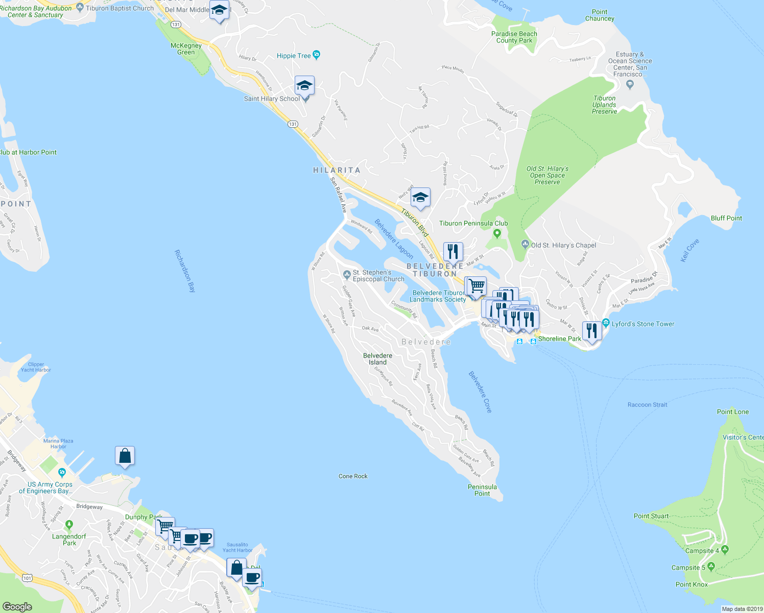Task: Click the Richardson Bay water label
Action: pyautogui.click(x=185, y=271)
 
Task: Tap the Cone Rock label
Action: pyautogui.click(x=353, y=476)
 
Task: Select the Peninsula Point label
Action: pyautogui.click(x=482, y=490)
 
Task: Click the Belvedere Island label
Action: pyautogui.click(x=378, y=359)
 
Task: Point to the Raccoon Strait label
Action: pyautogui.click(x=647, y=405)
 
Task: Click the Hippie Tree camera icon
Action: pyautogui.click(x=317, y=55)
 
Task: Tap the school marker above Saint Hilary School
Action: pyautogui.click(x=304, y=86)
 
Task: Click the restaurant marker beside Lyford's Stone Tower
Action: pyautogui.click(x=591, y=331)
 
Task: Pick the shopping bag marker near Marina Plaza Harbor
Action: pyautogui.click(x=125, y=456)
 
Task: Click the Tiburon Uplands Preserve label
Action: pyautogui.click(x=604, y=105)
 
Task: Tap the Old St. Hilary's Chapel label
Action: pyautogui.click(x=563, y=245)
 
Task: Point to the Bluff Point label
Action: pyautogui.click(x=726, y=218)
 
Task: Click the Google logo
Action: pyautogui.click(x=17, y=606)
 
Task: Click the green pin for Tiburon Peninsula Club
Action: pyautogui.click(x=497, y=234)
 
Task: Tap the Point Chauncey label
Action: pyautogui.click(x=600, y=15)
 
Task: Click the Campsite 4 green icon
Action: pyautogui.click(x=725, y=550)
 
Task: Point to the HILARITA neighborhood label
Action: pyautogui.click(x=337, y=170)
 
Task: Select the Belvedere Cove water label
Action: pyautogui.click(x=480, y=392)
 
